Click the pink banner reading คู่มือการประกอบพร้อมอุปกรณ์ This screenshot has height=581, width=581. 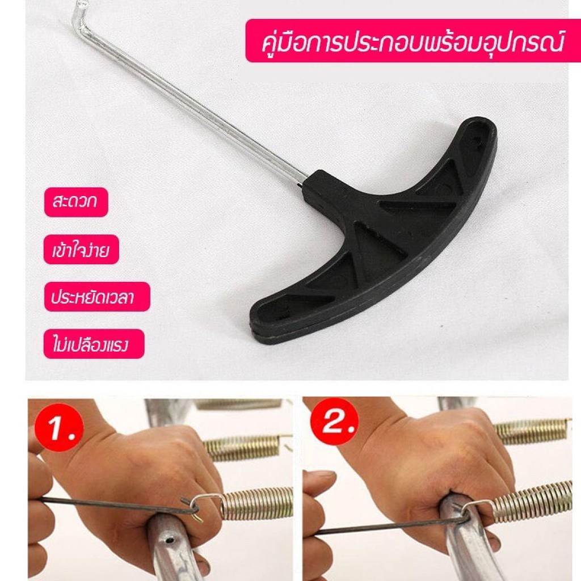tap(413, 41)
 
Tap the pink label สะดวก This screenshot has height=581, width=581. tap(76, 202)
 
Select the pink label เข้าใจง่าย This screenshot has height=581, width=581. tap(81, 250)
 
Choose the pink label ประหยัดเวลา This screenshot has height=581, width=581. tap(97, 296)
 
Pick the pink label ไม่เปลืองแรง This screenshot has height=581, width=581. tap(94, 344)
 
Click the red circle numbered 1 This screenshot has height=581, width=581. tap(59, 428)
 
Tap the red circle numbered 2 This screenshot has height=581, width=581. tap(335, 422)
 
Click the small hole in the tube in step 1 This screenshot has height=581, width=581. tap(170, 540)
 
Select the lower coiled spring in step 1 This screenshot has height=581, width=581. tap(258, 503)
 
